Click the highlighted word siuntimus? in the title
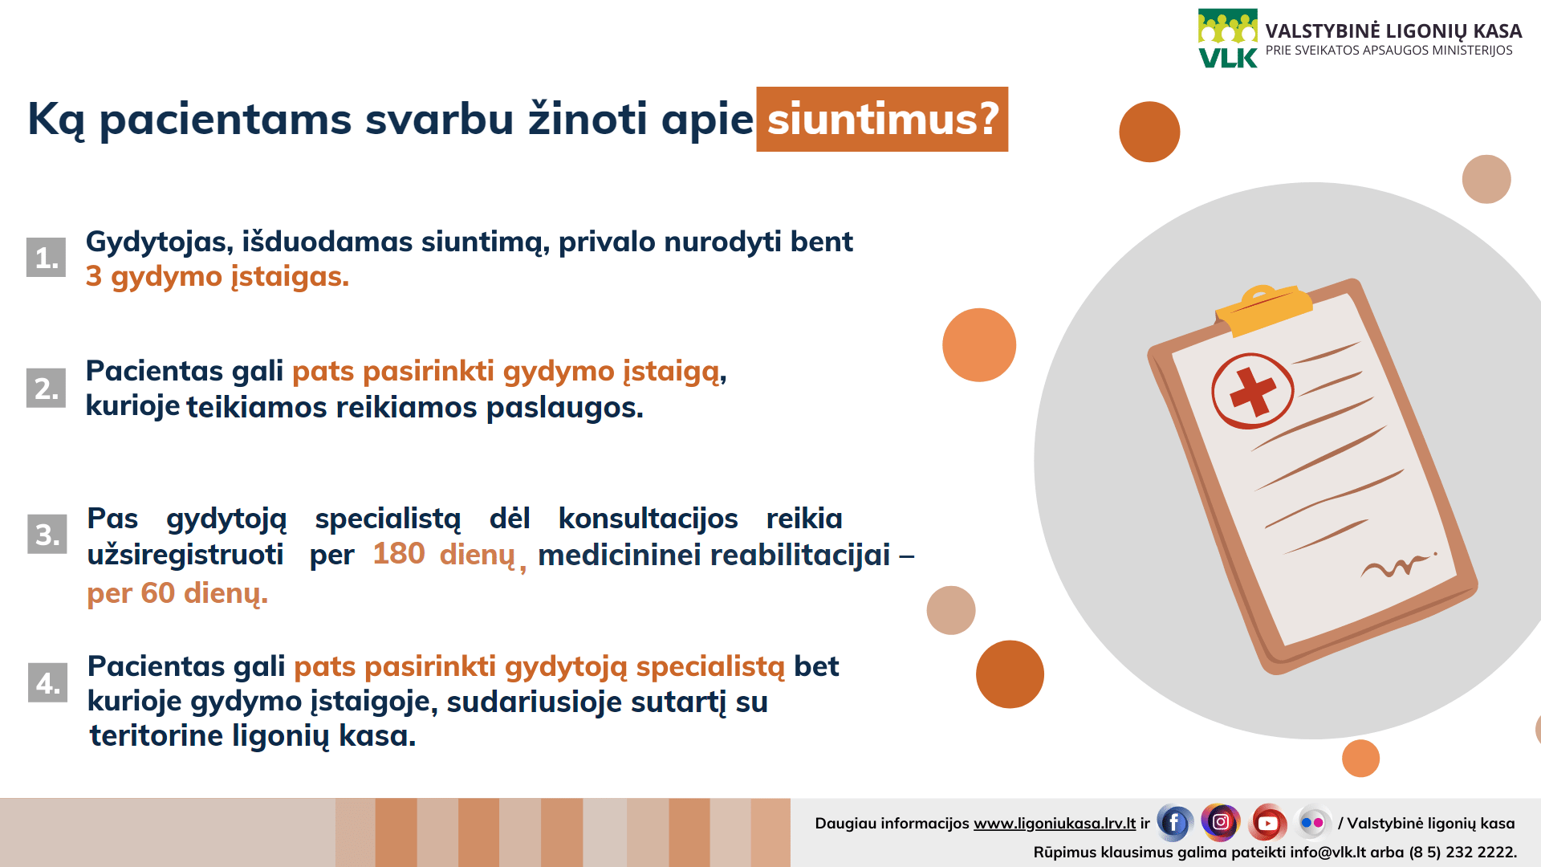[882, 120]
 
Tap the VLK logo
[1228, 39]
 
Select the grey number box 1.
[46, 258]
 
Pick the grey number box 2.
[46, 388]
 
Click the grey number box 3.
[47, 535]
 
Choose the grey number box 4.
[48, 682]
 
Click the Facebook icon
[1174, 823]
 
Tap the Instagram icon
[1221, 822]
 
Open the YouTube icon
[1268, 823]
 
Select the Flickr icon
[1313, 823]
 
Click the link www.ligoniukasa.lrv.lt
[1055, 824]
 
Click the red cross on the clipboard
[1252, 392]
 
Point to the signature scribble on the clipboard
[1397, 567]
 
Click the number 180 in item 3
[399, 554]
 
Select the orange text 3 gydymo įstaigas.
[218, 277]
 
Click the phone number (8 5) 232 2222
[1462, 852]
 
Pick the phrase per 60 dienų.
[177, 593]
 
